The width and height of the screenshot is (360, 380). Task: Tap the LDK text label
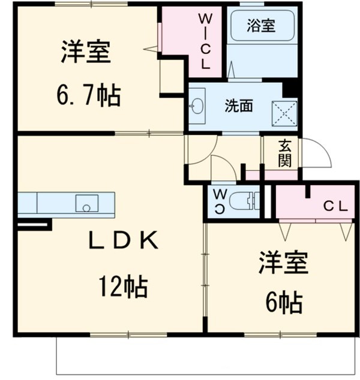tap(124, 241)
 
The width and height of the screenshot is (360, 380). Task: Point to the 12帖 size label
tap(124, 288)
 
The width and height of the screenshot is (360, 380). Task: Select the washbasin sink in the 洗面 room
tap(199, 107)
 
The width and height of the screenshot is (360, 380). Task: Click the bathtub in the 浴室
tap(261, 30)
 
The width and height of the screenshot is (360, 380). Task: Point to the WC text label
tap(220, 201)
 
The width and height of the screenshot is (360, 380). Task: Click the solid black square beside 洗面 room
tap(291, 88)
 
